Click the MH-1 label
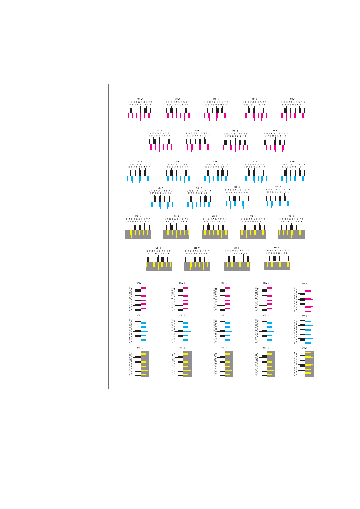[140, 99]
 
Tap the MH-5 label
[293, 99]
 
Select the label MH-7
[198, 130]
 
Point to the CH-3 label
[216, 161]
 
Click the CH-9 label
[278, 187]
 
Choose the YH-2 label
[176, 216]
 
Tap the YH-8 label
[237, 248]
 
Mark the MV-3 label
[224, 283]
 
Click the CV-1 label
[140, 316]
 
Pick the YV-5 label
[304, 348]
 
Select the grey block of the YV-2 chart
[187, 363]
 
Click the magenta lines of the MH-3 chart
[216, 116]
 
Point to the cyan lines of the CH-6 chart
[160, 205]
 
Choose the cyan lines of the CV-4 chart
[269, 331]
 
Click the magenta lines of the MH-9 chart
[276, 147]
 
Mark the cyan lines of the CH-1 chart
[139, 178]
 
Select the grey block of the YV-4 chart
[271, 363]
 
